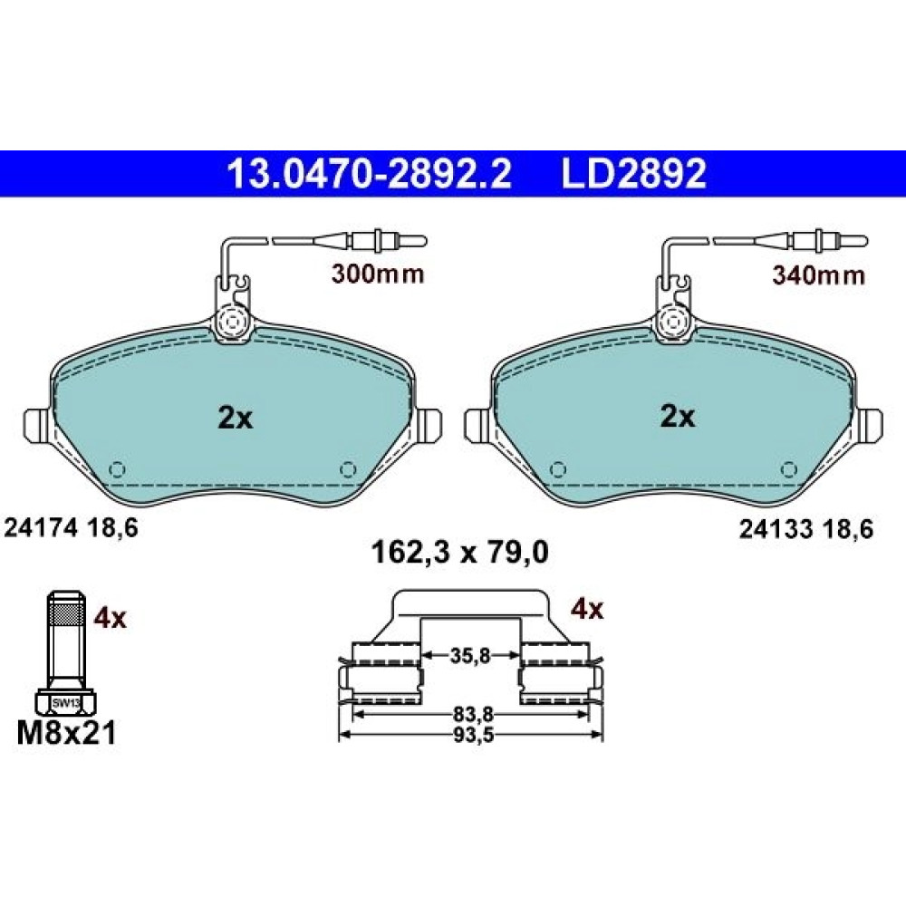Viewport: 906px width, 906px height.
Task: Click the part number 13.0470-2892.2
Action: tap(370, 173)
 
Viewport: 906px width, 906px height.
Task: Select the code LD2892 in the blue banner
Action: tap(634, 173)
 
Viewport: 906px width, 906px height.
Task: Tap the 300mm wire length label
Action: tap(378, 274)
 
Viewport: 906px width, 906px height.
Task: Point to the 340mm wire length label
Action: tap(819, 275)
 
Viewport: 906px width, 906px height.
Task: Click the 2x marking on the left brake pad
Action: tap(236, 418)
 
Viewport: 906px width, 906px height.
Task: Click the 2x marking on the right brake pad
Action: tap(678, 416)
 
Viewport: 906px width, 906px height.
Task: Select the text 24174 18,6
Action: tap(71, 527)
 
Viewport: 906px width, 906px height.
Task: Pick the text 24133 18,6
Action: tap(806, 529)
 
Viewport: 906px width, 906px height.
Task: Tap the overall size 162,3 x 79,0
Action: tap(459, 553)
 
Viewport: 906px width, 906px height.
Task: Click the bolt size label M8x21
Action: tap(66, 733)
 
